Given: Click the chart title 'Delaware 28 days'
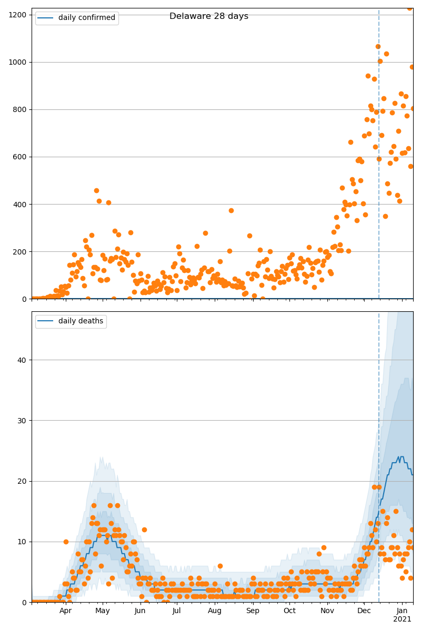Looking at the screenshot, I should click(x=208, y=16).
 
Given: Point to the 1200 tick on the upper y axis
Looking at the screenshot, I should click(x=18, y=15).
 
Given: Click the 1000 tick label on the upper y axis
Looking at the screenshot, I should click(x=18, y=62).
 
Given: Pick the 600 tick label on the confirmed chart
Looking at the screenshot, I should click(x=21, y=157).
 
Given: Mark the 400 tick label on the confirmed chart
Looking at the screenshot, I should click(x=21, y=204).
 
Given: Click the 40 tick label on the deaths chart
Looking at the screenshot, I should click(x=23, y=360).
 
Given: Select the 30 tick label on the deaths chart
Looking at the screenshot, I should click(x=23, y=421).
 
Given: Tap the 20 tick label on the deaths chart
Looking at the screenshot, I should click(x=23, y=481).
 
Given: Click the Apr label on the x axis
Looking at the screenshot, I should click(x=65, y=611).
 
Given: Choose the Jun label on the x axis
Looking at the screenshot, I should click(x=140, y=611).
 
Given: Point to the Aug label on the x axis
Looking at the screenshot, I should click(x=215, y=611).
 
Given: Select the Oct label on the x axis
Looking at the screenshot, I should click(x=290, y=611).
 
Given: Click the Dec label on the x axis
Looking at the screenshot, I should click(x=364, y=611).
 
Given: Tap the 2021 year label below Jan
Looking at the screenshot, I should click(x=402, y=619).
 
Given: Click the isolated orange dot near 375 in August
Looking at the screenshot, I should click(x=231, y=210).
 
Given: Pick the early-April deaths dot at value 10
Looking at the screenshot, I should click(x=66, y=542).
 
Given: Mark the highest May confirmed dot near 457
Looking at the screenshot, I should click(x=96, y=190).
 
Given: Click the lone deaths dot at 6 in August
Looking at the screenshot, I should click(x=220, y=566).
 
